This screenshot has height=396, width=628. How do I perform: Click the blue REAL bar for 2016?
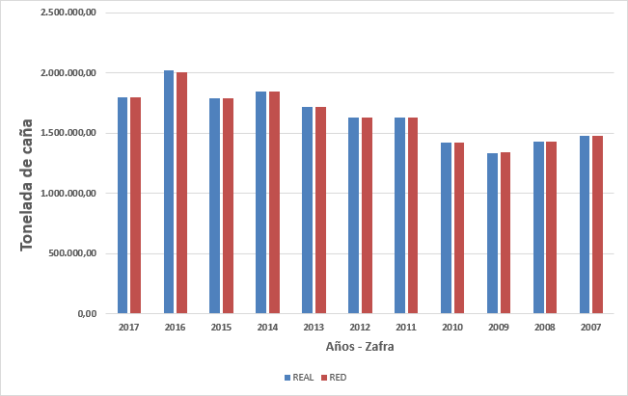coord(169,193)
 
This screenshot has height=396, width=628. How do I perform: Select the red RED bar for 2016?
coord(181,193)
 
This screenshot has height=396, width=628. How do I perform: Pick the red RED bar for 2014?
coord(274,202)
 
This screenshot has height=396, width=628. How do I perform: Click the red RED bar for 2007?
coord(597,224)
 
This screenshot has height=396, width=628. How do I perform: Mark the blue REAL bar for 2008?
coord(538,227)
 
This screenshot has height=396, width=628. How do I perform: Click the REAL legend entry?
coord(301,377)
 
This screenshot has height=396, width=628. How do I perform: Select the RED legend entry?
coord(333,377)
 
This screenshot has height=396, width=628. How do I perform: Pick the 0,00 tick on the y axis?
coord(87,314)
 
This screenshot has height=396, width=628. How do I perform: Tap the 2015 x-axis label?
coord(221,329)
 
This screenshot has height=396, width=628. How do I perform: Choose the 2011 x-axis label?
coord(406,329)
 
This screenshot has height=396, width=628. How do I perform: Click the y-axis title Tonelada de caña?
coord(27,185)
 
